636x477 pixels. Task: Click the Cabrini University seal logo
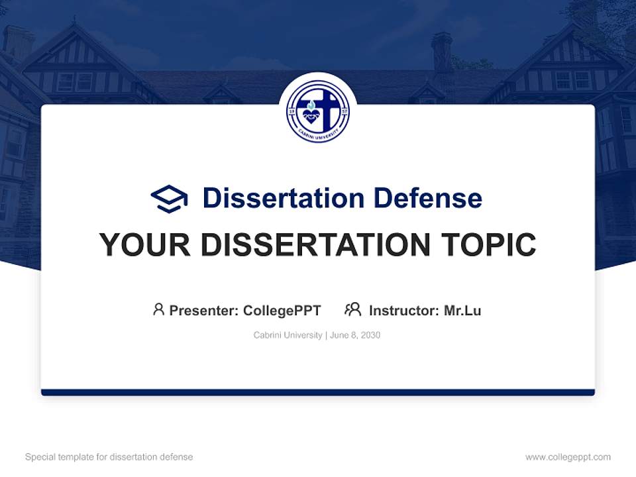tap(317, 111)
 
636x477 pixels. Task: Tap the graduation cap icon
tap(169, 199)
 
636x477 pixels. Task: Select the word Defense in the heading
tap(427, 198)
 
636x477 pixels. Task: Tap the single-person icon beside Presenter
tap(158, 309)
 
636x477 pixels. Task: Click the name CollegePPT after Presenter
tap(282, 311)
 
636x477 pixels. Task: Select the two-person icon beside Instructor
tap(353, 309)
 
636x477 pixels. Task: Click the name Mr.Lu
tap(462, 311)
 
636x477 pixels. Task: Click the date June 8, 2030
tap(355, 335)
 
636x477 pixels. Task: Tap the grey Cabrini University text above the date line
tap(288, 335)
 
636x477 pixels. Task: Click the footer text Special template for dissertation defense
tap(109, 457)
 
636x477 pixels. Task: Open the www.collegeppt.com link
tap(568, 457)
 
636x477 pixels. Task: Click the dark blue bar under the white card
tap(318, 392)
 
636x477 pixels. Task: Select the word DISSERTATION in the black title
tap(315, 244)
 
